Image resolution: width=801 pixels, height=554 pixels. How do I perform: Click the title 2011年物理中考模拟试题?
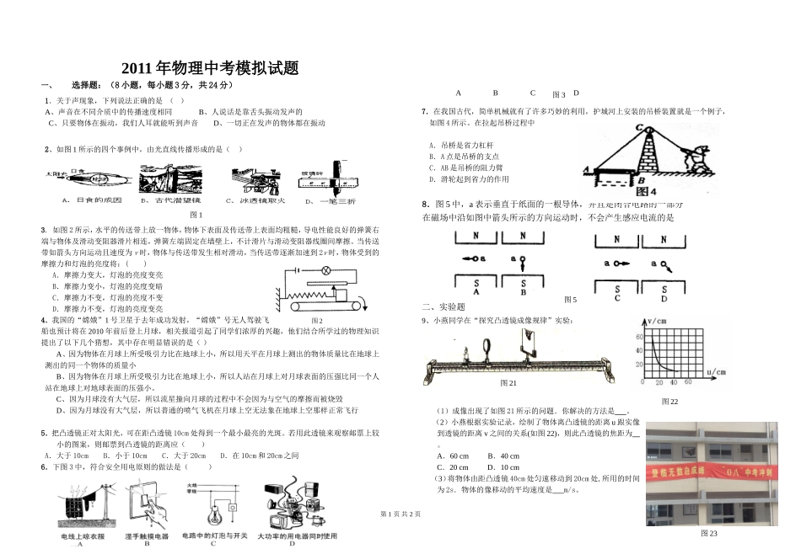(210, 69)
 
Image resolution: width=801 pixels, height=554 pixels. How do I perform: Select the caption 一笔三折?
(339, 200)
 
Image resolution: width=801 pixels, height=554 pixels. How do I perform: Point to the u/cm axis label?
(717, 371)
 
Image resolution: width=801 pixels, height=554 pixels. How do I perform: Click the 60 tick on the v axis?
(639, 337)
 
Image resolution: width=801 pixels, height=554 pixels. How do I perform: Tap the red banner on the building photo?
(707, 472)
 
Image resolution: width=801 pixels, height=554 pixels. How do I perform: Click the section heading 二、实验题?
(444, 306)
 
